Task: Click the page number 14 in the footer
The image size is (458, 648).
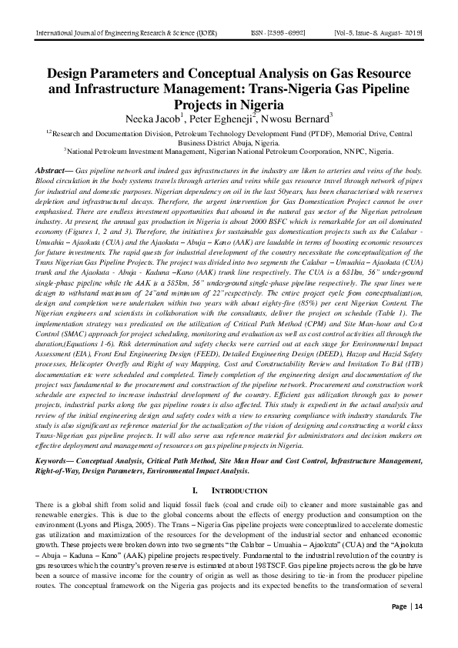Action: tap(419, 628)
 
